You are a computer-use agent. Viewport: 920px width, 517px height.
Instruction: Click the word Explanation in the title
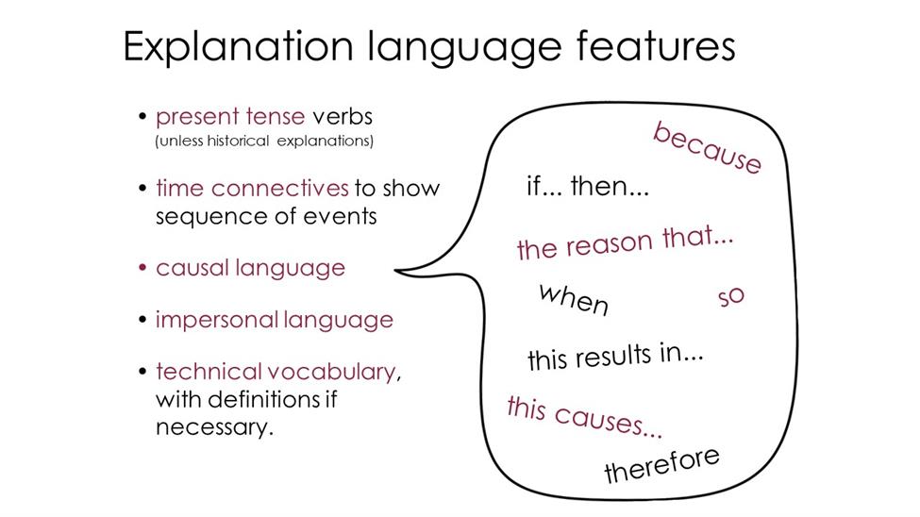pyautogui.click(x=238, y=47)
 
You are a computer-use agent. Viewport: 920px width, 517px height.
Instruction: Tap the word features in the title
pyautogui.click(x=656, y=45)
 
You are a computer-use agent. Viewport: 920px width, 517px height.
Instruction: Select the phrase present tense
pyautogui.click(x=230, y=117)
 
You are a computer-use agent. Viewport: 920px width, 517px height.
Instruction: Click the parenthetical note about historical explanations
pyautogui.click(x=264, y=142)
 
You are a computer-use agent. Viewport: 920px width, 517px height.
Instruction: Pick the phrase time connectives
pyautogui.click(x=252, y=189)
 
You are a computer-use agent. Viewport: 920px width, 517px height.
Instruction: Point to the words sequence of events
pyautogui.click(x=266, y=217)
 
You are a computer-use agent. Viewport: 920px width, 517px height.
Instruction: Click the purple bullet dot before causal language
pyautogui.click(x=142, y=268)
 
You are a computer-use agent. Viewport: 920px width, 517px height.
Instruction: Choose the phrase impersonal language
pyautogui.click(x=274, y=320)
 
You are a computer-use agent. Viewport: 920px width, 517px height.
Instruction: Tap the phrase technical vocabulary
pyautogui.click(x=276, y=372)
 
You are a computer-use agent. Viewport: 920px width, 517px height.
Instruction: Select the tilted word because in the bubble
pyautogui.click(x=707, y=148)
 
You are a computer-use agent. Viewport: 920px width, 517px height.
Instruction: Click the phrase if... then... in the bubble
pyautogui.click(x=587, y=187)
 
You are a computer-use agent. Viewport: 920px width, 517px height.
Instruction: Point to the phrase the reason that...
pyautogui.click(x=625, y=242)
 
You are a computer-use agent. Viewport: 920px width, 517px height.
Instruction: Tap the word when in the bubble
pyautogui.click(x=574, y=299)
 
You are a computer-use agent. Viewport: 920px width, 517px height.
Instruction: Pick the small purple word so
pyautogui.click(x=731, y=297)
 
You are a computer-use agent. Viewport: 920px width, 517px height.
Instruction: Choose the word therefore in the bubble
pyautogui.click(x=661, y=464)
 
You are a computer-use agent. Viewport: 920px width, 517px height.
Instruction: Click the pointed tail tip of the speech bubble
pyautogui.click(x=395, y=271)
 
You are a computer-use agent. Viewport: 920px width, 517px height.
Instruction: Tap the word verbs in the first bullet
pyautogui.click(x=343, y=117)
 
